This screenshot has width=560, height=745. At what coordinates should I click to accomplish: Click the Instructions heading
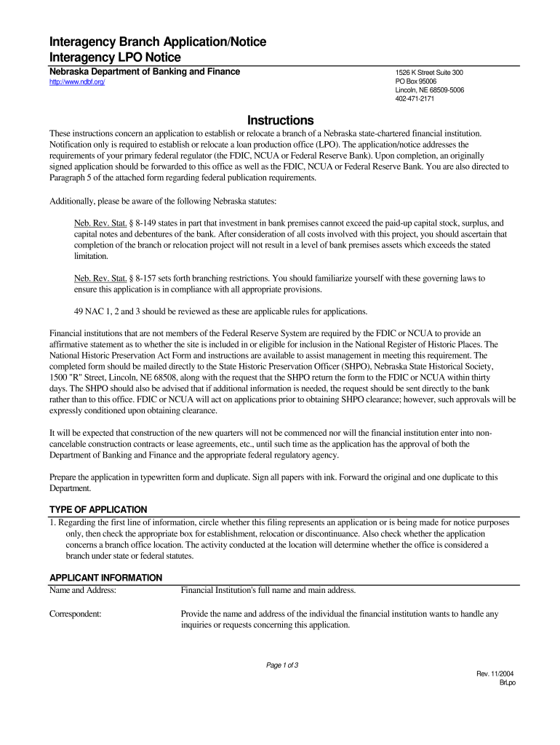pyautogui.click(x=280, y=120)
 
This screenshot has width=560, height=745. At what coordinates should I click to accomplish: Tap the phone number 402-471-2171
pyautogui.click(x=415, y=99)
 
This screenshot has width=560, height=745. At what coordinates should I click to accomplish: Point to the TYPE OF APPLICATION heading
pyautogui.click(x=98, y=509)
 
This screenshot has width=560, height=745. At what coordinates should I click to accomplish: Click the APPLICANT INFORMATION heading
pyautogui.click(x=105, y=578)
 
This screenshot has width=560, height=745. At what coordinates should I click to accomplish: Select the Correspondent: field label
pyautogui.click(x=75, y=614)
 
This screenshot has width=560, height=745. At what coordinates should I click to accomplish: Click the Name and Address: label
pyautogui.click(x=83, y=590)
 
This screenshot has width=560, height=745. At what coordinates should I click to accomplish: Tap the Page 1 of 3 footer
pyautogui.click(x=284, y=666)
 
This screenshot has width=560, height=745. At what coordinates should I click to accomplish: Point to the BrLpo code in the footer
pyautogui.click(x=506, y=682)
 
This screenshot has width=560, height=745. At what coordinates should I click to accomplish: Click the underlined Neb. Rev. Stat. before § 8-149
pyautogui.click(x=102, y=223)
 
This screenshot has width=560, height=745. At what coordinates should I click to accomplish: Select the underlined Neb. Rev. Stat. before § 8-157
pyautogui.click(x=102, y=279)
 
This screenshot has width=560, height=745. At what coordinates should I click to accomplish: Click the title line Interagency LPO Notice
pyautogui.click(x=115, y=57)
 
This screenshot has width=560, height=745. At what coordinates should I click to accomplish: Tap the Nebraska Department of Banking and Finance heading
pyautogui.click(x=144, y=72)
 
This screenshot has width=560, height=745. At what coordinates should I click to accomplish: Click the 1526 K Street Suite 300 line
pyautogui.click(x=429, y=73)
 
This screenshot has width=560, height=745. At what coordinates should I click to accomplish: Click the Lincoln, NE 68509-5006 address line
pyautogui.click(x=430, y=90)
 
